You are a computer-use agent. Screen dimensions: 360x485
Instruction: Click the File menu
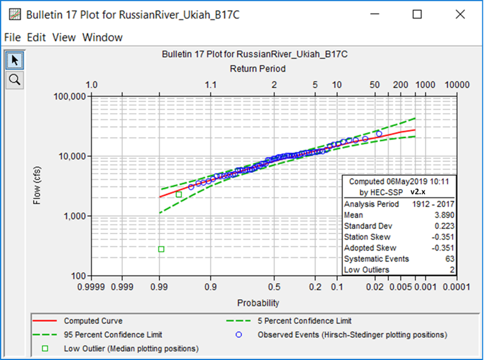tap(12, 37)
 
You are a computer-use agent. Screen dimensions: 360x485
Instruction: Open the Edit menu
tap(36, 37)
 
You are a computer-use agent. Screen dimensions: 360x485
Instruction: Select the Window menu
tap(102, 37)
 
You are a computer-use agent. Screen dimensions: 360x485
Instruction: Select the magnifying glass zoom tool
tap(14, 80)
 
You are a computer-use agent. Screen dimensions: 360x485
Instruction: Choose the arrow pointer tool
tap(14, 60)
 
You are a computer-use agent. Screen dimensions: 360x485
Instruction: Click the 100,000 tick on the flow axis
tap(69, 96)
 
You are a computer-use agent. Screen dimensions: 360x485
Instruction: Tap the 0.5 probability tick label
tap(274, 286)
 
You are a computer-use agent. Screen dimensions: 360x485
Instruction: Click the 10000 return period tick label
tap(457, 85)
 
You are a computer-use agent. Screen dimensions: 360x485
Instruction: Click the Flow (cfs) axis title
tap(37, 186)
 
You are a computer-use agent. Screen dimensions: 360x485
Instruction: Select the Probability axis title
tap(258, 303)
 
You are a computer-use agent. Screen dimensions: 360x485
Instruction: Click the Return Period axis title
tap(257, 69)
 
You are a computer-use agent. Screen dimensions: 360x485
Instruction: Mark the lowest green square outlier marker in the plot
tap(161, 250)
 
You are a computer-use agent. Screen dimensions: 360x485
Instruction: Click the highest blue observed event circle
tap(379, 134)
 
